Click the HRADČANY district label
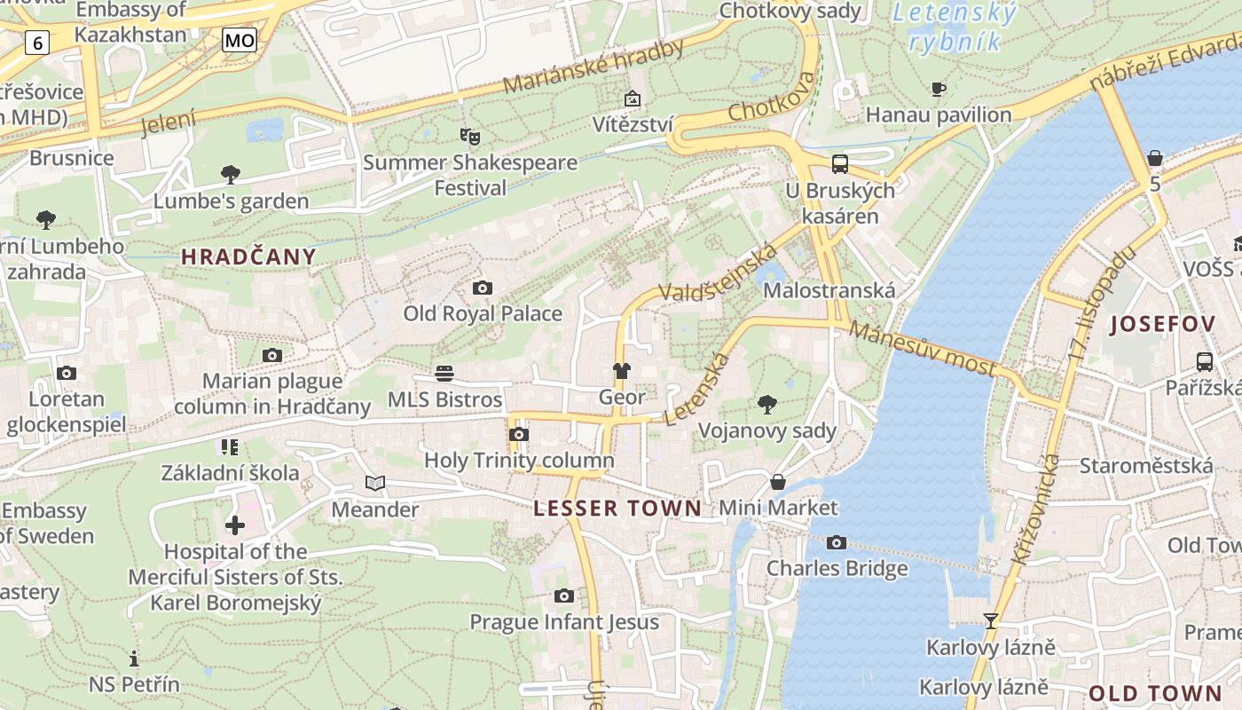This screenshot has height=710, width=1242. point(248,257)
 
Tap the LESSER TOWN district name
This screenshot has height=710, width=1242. point(617,509)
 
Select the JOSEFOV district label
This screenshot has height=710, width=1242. point(1162,324)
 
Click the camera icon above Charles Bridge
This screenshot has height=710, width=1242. point(836,542)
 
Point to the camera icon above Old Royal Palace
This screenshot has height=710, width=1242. point(483,288)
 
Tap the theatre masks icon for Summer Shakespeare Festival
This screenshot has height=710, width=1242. point(469,136)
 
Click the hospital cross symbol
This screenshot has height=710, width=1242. point(235,525)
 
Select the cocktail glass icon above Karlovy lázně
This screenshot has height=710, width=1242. point(991,620)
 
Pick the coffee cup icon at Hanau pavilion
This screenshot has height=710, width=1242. point(939,89)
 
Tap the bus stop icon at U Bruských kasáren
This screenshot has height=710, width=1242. point(839,163)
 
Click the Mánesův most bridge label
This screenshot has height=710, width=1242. point(923,348)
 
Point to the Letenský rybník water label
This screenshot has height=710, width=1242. point(955,27)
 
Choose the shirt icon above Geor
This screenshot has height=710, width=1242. point(621,371)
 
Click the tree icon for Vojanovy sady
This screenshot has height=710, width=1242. point(767,405)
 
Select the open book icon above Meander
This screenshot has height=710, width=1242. point(375,484)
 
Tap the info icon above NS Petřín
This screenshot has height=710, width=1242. point(134,659)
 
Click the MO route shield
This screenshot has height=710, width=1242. point(240,40)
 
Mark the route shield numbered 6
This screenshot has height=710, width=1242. point(36,42)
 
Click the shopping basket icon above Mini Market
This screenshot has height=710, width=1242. point(778,482)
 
